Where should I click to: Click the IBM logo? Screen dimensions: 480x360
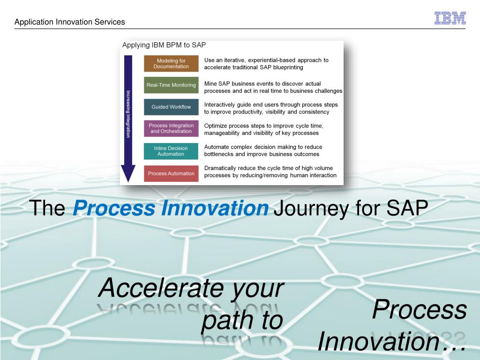(x=450, y=18)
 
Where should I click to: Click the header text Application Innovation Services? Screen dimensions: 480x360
(x=70, y=22)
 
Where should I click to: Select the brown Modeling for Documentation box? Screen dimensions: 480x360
(x=171, y=63)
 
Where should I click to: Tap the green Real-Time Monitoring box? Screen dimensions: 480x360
(x=171, y=85)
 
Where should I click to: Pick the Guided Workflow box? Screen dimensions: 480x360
(x=171, y=107)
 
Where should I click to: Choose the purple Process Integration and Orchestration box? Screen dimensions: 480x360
(x=171, y=128)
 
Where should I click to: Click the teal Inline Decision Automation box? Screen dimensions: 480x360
(x=171, y=151)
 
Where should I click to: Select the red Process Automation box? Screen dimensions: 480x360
(x=171, y=173)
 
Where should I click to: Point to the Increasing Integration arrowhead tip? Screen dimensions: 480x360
(x=128, y=182)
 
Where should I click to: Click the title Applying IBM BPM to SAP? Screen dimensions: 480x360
(x=164, y=45)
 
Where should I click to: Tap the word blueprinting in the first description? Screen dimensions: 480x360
(x=288, y=67)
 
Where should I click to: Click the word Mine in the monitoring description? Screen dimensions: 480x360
(x=210, y=83)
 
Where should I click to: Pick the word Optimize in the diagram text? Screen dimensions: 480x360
(x=216, y=126)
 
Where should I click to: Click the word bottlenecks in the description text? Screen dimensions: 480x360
(x=218, y=154)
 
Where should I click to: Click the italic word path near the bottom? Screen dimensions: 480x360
(x=227, y=321)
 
